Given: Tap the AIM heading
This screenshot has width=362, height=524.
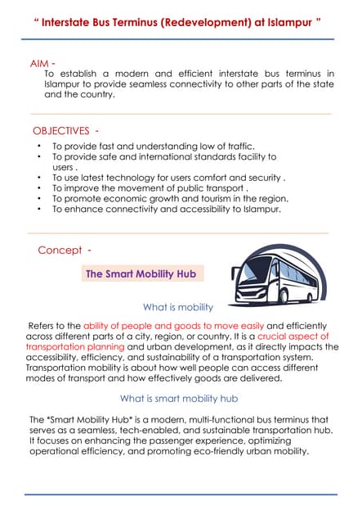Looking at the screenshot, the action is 42,63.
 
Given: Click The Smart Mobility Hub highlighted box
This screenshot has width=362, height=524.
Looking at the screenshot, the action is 141,273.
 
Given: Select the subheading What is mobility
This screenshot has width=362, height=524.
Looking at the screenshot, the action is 177,307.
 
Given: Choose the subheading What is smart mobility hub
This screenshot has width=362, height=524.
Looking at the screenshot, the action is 179,399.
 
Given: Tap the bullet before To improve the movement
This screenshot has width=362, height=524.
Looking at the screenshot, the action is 40,187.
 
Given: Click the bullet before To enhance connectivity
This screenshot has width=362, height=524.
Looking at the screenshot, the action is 40,209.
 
